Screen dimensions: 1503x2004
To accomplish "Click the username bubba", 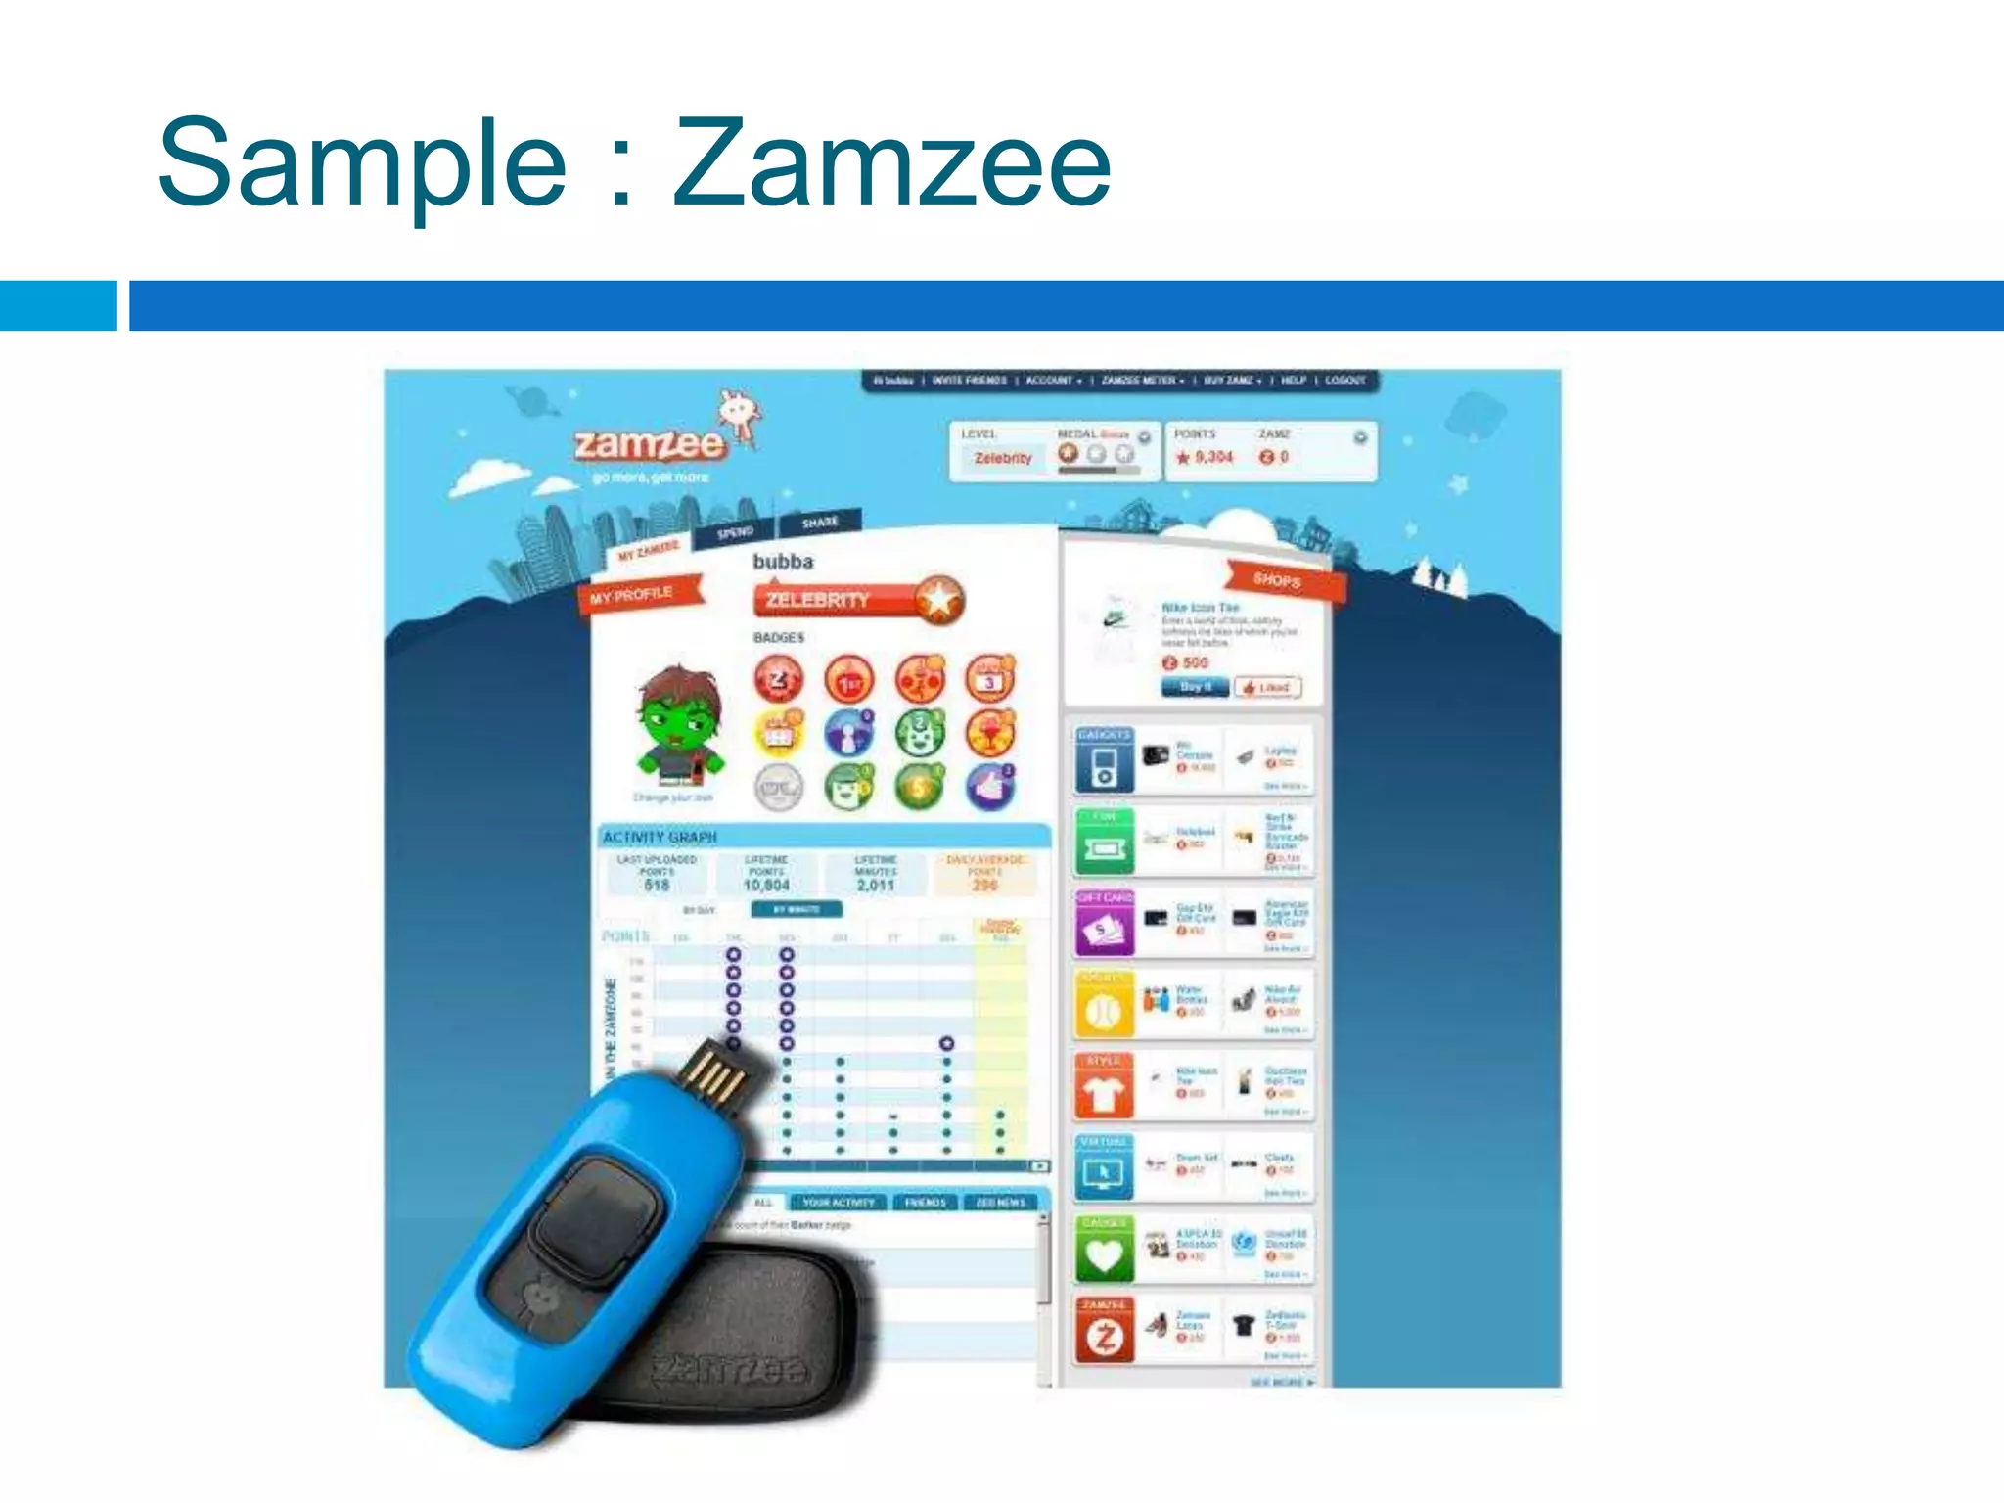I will pyautogui.click(x=782, y=562).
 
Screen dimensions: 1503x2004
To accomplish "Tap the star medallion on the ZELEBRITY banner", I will pyautogui.click(x=938, y=599).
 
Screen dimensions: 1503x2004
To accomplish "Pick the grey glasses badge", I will pyautogui.click(x=779, y=787).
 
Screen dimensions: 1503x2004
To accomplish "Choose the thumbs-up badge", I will pyautogui.click(x=990, y=787).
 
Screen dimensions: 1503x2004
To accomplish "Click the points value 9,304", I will pyautogui.click(x=1213, y=457).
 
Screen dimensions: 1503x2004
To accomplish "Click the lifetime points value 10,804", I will pyautogui.click(x=766, y=885).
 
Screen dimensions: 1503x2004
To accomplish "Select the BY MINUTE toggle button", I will pyautogui.click(x=796, y=909).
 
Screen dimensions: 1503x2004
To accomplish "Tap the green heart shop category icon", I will pyautogui.click(x=1104, y=1253).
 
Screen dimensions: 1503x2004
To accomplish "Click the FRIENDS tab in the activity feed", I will pyautogui.click(x=925, y=1202).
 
